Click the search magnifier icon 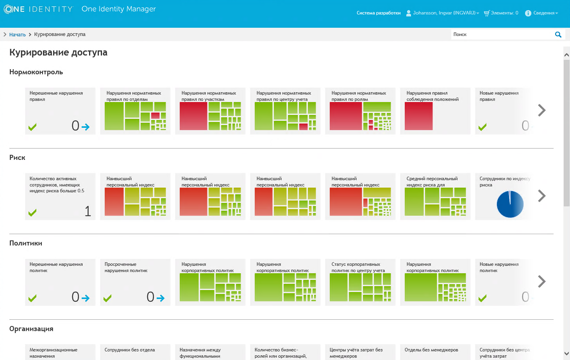(x=558, y=34)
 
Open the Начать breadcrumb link (x=18, y=34)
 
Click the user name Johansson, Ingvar (x=444, y=13)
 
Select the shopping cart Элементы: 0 (x=501, y=13)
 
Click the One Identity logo (x=38, y=9)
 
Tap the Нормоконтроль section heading (x=36, y=72)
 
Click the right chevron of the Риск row (x=541, y=196)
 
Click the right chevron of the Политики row (x=541, y=281)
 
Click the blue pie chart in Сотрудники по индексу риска (x=510, y=204)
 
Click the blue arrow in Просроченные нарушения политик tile (x=160, y=298)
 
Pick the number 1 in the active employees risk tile (x=88, y=211)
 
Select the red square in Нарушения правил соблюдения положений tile (x=418, y=116)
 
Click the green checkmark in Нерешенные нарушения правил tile (x=32, y=127)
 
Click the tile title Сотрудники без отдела (x=130, y=350)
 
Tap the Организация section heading (x=31, y=329)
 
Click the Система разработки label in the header (x=378, y=13)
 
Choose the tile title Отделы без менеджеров (x=431, y=350)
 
